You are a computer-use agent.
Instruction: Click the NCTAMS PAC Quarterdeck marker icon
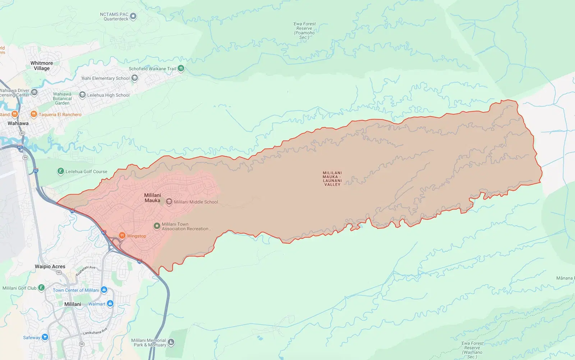133,16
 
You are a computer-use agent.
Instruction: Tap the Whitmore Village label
42,65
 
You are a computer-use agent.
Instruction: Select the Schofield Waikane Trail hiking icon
181,68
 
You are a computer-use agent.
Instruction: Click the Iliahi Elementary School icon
134,78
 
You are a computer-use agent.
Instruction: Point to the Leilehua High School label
108,95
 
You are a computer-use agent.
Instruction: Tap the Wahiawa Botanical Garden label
62,99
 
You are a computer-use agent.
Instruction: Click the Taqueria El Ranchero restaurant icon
33,114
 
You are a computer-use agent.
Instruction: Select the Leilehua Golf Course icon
60,171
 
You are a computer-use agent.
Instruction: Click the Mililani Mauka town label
152,198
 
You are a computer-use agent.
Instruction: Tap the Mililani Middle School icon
169,202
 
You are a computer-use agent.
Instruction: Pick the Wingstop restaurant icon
122,236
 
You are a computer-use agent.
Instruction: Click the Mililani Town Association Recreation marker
157,226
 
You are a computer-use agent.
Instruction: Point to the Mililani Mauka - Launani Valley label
332,178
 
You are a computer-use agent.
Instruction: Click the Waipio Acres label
50,266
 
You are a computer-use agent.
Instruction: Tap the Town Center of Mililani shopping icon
104,290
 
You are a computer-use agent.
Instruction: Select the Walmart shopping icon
110,304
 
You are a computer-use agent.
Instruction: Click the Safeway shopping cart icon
45,337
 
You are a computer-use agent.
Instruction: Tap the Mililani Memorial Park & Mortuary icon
171,342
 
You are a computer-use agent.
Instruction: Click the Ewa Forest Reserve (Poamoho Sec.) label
304,31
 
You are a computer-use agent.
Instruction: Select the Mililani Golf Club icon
41,288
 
